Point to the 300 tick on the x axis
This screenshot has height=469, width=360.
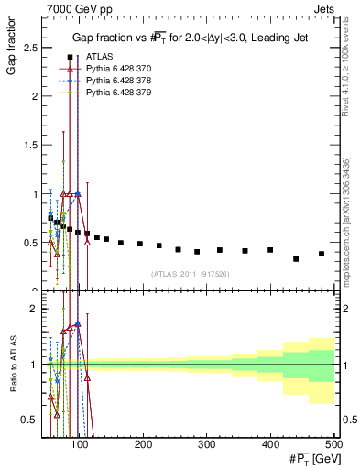click(207, 444)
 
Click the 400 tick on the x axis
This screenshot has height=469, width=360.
click(270, 444)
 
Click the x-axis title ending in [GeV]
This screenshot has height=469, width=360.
click(310, 459)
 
